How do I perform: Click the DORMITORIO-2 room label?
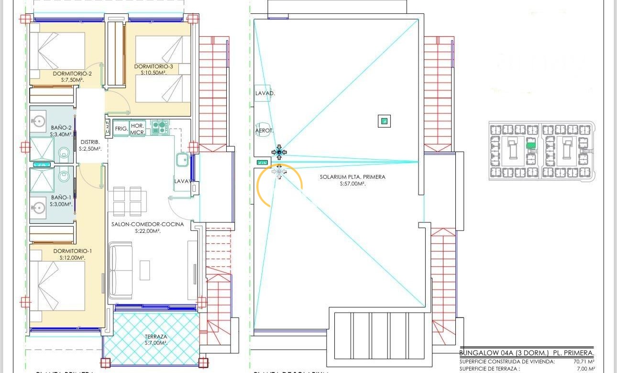[72, 74]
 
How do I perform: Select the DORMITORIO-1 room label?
[72, 251]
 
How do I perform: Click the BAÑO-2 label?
[61, 128]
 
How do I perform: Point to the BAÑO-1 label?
[61, 197]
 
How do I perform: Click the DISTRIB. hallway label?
[90, 142]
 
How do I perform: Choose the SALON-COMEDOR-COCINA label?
[147, 224]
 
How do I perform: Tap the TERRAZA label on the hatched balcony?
[156, 337]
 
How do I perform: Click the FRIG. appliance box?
[121, 129]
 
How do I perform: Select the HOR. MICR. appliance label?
[138, 129]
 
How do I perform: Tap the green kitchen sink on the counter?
[182, 159]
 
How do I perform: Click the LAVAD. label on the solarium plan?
[264, 94]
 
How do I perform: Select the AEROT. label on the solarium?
[264, 130]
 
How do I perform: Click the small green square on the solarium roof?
[384, 121]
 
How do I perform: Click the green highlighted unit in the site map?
[530, 145]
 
